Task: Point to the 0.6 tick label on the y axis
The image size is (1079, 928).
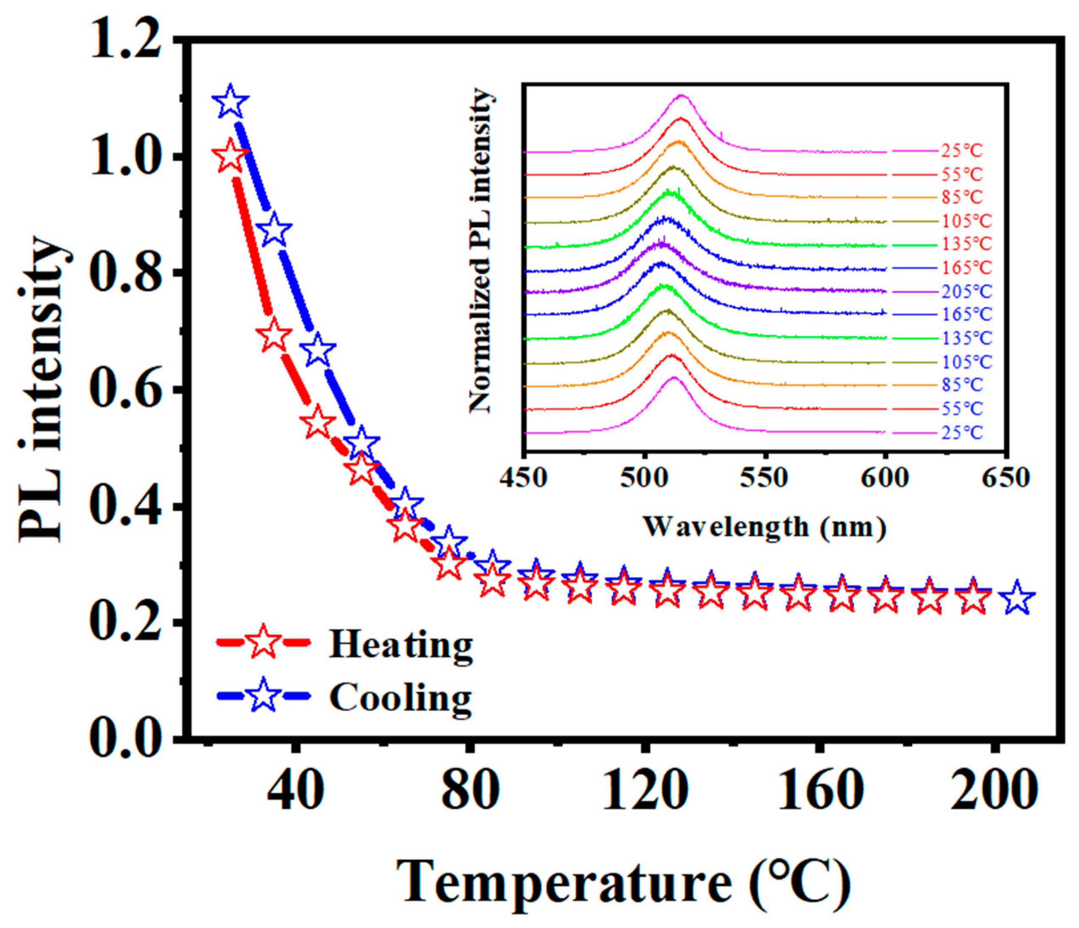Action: [126, 389]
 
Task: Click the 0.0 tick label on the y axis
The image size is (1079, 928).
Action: [126, 737]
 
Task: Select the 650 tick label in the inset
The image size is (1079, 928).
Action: [1006, 478]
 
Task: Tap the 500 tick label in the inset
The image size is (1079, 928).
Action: [645, 478]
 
